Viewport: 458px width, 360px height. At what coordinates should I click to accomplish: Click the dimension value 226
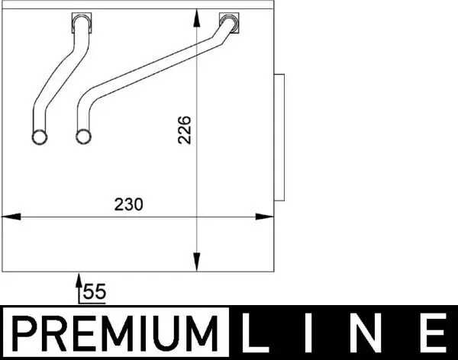[184, 130]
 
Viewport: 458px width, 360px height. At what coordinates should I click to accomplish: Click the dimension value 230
[128, 204]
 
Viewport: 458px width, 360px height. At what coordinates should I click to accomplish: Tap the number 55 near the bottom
[94, 291]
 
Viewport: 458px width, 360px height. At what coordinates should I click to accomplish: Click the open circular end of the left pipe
[39, 137]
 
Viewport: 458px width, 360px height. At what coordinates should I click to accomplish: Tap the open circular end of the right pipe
[82, 137]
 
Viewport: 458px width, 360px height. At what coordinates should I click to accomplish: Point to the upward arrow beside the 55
[78, 286]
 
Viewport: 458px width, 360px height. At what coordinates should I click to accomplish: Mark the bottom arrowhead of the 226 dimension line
[198, 264]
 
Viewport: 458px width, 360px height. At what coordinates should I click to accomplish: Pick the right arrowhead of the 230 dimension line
[268, 217]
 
